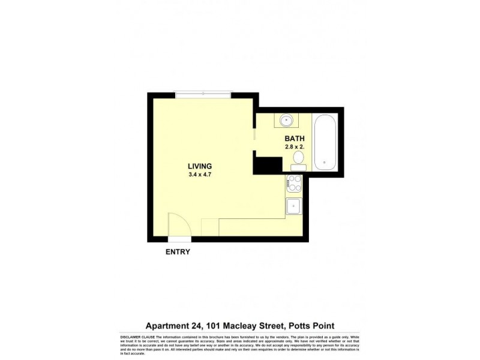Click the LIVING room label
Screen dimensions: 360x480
click(x=200, y=166)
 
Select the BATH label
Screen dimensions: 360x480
click(x=294, y=137)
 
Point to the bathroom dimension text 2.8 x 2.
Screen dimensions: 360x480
click(x=295, y=146)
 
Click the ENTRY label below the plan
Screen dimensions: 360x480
click(x=178, y=252)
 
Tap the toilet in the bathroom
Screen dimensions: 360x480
click(x=298, y=159)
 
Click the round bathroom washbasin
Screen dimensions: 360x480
click(x=287, y=121)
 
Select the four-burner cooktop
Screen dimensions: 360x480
click(x=295, y=182)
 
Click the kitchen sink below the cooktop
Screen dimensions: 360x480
click(x=295, y=206)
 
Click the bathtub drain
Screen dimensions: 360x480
click(x=325, y=161)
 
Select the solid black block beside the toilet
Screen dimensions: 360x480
click(x=268, y=164)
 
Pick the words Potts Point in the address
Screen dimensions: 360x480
click(x=310, y=326)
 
